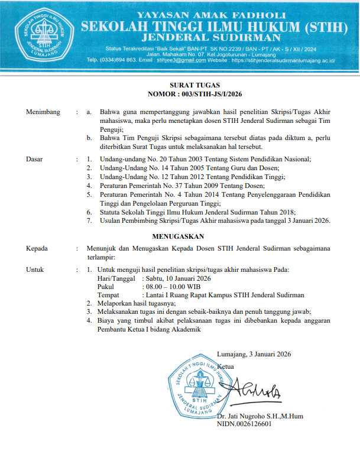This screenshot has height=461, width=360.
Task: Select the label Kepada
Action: point(37,249)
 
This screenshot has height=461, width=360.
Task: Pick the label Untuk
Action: point(35,270)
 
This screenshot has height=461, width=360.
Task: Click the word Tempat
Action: point(108,294)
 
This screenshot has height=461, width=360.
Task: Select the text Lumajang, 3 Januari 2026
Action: point(254,355)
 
